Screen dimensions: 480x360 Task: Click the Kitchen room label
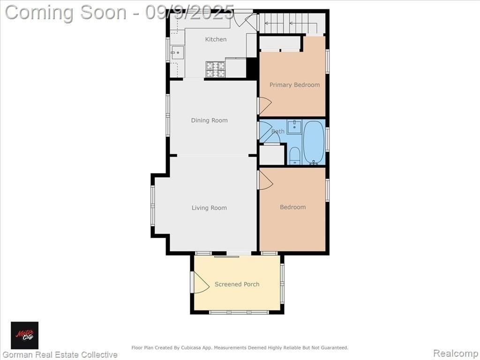(x=216, y=39)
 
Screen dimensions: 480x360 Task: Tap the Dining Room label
(x=210, y=120)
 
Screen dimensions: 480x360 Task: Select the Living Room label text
(x=210, y=208)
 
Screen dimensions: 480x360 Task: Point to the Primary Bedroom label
(x=294, y=85)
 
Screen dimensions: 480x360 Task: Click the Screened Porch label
(x=237, y=284)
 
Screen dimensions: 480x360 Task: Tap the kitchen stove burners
(x=216, y=69)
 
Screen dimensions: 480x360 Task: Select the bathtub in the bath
(x=314, y=142)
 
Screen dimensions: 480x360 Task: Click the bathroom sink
(x=294, y=127)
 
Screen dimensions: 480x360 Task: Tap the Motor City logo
(x=24, y=335)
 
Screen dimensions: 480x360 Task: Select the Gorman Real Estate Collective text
(x=60, y=355)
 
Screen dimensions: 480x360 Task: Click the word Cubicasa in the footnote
(x=192, y=348)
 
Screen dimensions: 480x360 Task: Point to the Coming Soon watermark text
(x=120, y=13)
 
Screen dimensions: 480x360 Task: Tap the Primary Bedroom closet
(x=280, y=43)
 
